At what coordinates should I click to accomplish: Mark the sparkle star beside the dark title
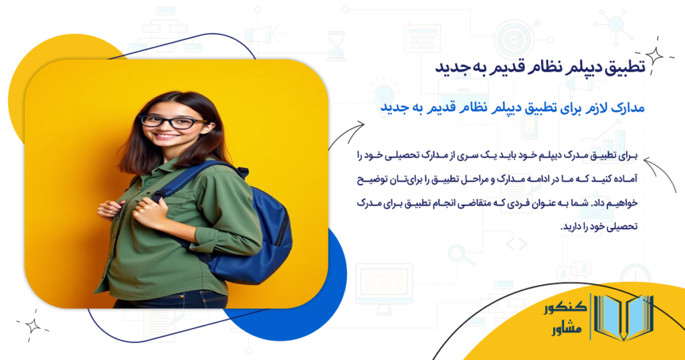[653, 56]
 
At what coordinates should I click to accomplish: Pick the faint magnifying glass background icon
[460, 254]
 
